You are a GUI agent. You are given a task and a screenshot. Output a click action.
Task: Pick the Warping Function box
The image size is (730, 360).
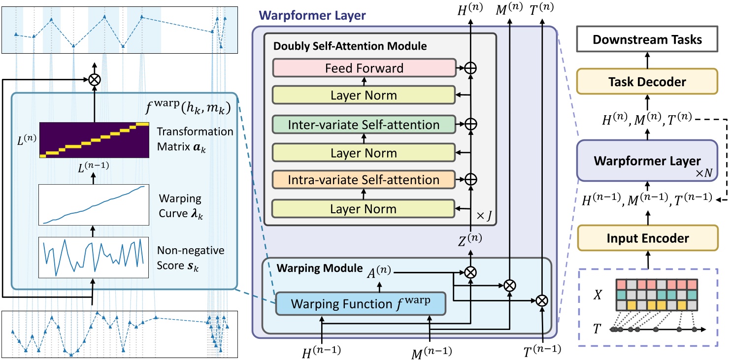pyautogui.click(x=360, y=304)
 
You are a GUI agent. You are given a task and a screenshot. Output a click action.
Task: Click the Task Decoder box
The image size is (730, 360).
pyautogui.click(x=647, y=81)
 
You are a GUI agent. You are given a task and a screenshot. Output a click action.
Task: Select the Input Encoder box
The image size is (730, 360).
pyautogui.click(x=647, y=238)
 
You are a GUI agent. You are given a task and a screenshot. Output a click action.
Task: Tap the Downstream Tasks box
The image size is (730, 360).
pyautogui.click(x=647, y=39)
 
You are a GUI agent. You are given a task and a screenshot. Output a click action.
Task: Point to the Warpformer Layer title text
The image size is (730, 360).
pyautogui.click(x=312, y=15)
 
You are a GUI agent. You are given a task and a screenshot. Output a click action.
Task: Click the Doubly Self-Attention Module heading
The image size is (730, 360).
pyautogui.click(x=350, y=46)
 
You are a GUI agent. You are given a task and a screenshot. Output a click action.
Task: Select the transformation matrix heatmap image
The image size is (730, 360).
pyautogui.click(x=94, y=140)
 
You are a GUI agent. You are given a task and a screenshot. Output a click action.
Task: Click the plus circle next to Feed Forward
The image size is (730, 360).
pyautogui.click(x=471, y=68)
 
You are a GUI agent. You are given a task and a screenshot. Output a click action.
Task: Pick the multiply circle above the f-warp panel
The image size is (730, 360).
pyautogui.click(x=94, y=79)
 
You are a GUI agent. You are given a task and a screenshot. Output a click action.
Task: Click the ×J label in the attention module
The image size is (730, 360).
pyautogui.click(x=481, y=216)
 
